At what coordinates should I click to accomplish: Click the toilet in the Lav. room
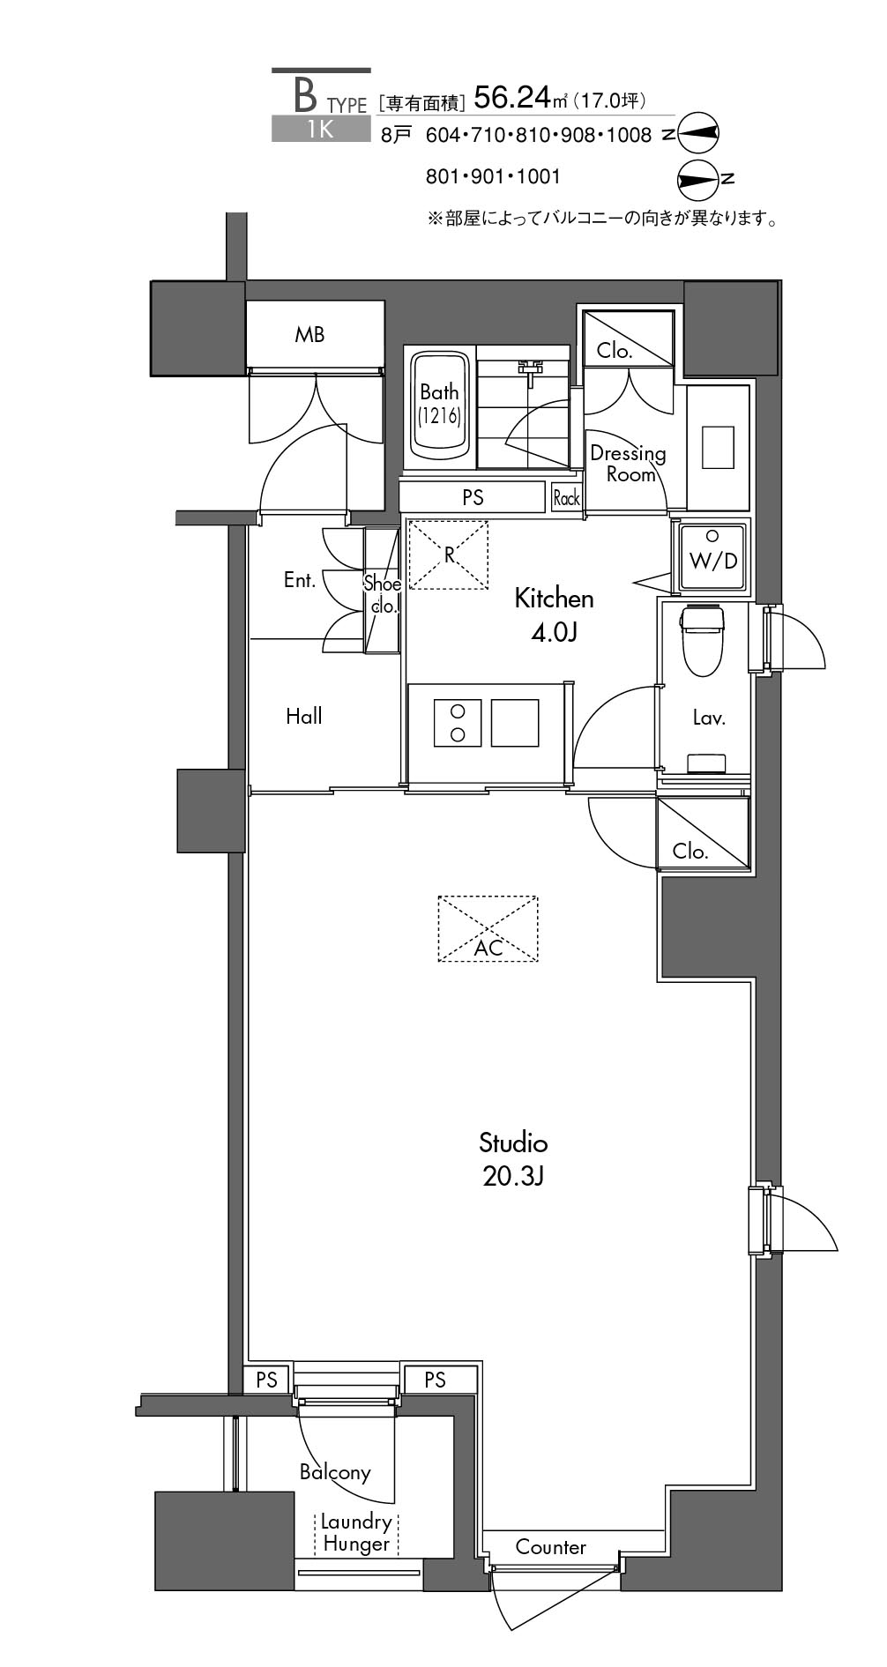click(702, 639)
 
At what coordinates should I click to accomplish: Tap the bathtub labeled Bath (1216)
click(439, 406)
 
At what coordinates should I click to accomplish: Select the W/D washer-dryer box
click(712, 558)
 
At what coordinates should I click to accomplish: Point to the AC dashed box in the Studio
click(488, 928)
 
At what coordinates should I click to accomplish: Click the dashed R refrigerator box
click(449, 554)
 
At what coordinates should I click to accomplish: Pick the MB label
click(309, 334)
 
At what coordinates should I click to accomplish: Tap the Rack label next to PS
click(566, 498)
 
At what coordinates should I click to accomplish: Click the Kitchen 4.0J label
click(554, 614)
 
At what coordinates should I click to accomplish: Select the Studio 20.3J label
click(513, 1158)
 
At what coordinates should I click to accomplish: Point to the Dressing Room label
click(628, 464)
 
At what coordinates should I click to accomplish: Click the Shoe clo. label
click(383, 595)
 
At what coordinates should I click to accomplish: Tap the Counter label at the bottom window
click(550, 1546)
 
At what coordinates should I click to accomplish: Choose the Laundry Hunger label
click(356, 1532)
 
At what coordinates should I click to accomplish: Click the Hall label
click(303, 716)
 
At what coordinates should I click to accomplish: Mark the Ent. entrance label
click(300, 580)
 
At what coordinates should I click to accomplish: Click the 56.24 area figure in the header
click(511, 97)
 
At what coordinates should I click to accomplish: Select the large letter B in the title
click(305, 93)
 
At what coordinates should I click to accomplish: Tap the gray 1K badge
click(321, 129)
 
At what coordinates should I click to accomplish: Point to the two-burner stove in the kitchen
click(458, 723)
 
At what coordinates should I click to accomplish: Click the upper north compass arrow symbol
click(697, 133)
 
